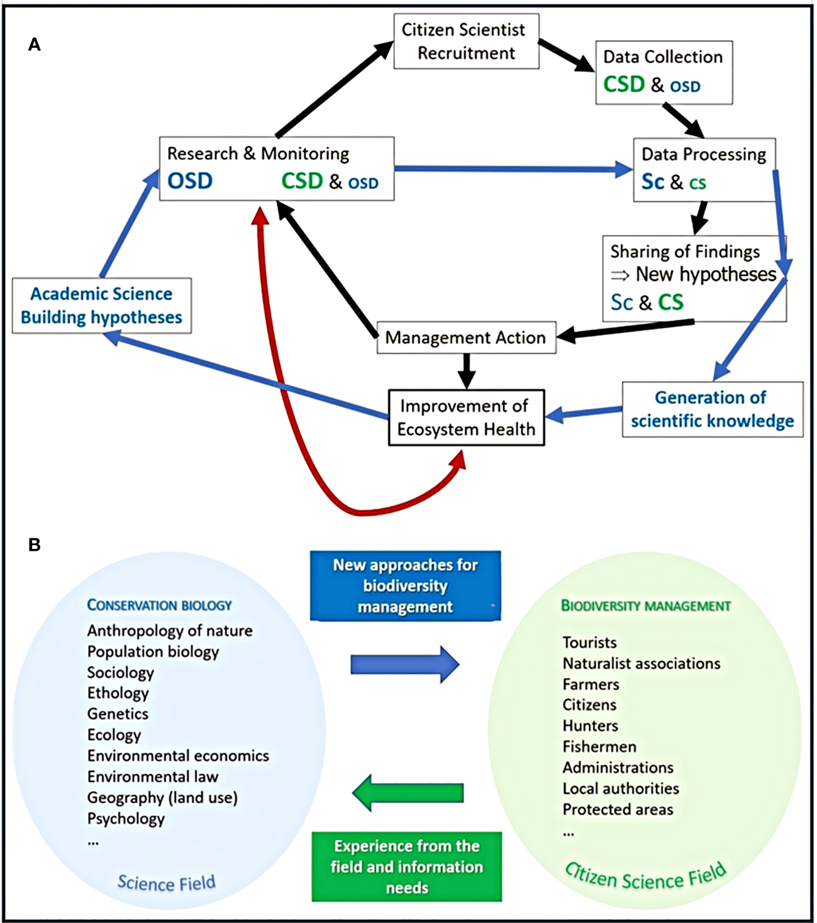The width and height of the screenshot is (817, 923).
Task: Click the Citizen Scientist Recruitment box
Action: click(x=466, y=41)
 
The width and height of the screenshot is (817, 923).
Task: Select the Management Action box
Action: click(x=465, y=338)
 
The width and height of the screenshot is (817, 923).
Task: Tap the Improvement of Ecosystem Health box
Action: click(x=466, y=417)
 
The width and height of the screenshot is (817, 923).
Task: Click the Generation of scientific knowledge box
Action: click(x=712, y=409)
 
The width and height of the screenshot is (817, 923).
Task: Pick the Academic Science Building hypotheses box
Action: click(x=101, y=306)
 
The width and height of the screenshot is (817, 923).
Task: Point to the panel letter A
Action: click(x=35, y=45)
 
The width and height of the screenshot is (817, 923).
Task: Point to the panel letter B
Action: click(x=35, y=544)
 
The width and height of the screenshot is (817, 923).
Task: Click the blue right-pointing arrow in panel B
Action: click(x=404, y=664)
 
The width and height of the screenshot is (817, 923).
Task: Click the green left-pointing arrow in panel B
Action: click(x=408, y=793)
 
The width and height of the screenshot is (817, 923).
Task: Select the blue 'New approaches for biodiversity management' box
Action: click(x=405, y=586)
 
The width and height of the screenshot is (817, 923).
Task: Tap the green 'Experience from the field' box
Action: click(x=407, y=867)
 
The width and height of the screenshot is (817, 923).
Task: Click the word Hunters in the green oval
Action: click(x=590, y=726)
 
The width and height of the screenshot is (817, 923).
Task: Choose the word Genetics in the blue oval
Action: click(x=118, y=714)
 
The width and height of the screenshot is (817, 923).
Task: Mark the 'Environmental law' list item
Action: click(x=153, y=777)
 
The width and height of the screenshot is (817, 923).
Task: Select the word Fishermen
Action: click(x=599, y=746)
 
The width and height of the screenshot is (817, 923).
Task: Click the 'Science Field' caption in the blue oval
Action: click(x=166, y=883)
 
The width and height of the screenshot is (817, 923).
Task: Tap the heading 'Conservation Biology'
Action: click(x=159, y=605)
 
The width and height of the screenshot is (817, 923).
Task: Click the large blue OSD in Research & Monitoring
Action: click(x=190, y=181)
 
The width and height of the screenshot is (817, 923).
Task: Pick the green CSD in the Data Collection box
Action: click(x=624, y=84)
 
